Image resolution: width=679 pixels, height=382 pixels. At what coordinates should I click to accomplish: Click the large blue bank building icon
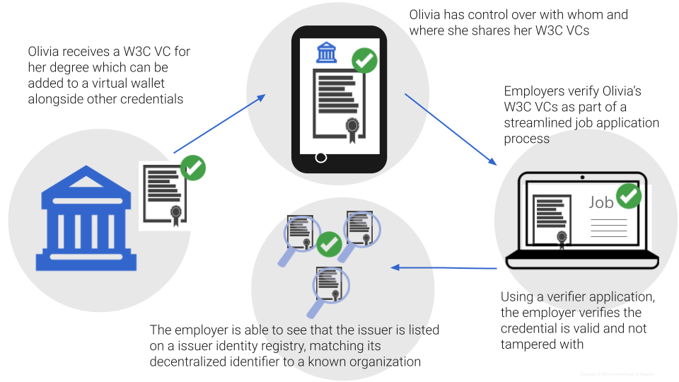pyautogui.click(x=86, y=219)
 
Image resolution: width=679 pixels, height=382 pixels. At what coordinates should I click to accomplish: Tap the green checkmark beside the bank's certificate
pyautogui.click(x=193, y=168)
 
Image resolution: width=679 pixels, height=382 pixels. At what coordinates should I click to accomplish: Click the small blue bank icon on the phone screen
pyautogui.click(x=326, y=52)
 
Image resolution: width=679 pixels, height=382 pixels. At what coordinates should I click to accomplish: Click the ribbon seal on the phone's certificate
pyautogui.click(x=352, y=128)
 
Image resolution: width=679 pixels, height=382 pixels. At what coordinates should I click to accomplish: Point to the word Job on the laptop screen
pyautogui.click(x=601, y=202)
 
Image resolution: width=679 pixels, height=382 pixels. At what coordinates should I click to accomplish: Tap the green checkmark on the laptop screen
pyautogui.click(x=629, y=195)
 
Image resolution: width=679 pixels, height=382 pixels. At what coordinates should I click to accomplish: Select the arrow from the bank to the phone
pyautogui.click(x=219, y=125)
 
